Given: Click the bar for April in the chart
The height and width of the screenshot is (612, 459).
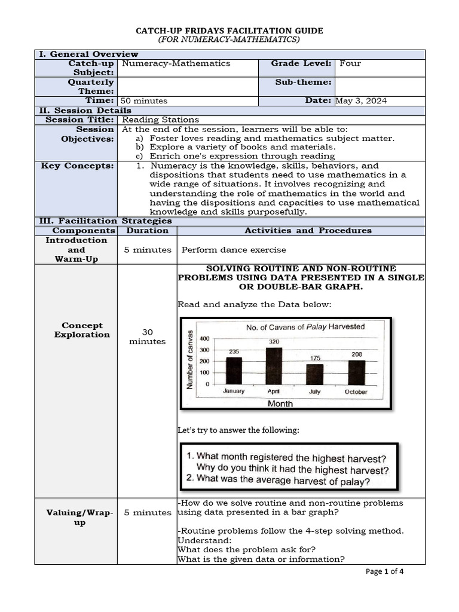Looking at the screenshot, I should (x=274, y=366).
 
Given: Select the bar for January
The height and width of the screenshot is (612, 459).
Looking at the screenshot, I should (x=234, y=371).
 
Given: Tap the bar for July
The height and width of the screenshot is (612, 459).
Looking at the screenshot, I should (x=314, y=374).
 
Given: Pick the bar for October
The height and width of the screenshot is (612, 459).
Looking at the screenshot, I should (x=356, y=372).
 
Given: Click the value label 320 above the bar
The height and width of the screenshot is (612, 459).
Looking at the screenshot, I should (x=274, y=341).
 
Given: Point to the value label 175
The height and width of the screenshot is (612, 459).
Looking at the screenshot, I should (x=315, y=358).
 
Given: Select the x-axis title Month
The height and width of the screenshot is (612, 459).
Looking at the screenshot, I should (x=280, y=403).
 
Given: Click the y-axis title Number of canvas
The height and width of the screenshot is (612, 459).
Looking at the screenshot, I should (x=191, y=360).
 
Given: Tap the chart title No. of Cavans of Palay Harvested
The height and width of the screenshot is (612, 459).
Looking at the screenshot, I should (x=305, y=327).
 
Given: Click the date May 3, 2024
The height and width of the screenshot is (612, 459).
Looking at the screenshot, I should (x=361, y=100).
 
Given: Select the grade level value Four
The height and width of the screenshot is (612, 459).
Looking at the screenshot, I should (x=350, y=63).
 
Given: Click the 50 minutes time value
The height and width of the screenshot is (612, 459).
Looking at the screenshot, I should (x=144, y=100).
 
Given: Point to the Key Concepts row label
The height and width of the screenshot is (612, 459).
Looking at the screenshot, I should (x=77, y=166).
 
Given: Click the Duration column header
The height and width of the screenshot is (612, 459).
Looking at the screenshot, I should (x=147, y=230).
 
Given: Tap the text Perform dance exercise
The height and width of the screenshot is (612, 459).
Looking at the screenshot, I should (x=234, y=250).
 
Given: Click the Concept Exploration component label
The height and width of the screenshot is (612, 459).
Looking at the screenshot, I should (x=82, y=330).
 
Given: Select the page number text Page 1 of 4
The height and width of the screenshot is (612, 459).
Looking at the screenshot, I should (x=384, y=571).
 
